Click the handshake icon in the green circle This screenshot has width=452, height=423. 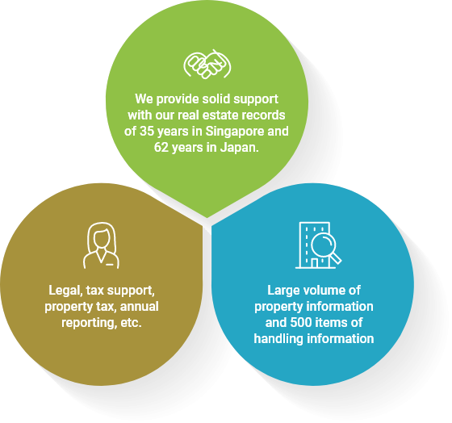coord(207,64)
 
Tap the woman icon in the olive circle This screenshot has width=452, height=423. coord(101,245)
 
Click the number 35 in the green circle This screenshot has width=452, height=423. coord(147,132)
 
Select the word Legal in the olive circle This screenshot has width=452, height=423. coord(65,291)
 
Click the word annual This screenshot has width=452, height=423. coord(139,306)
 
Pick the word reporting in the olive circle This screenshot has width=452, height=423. coord(89,323)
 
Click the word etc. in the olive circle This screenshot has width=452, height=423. coord(131,323)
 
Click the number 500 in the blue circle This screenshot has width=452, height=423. coord(300,322)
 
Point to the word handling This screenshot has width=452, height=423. coord(278,339)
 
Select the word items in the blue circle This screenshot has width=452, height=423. coord(331,322)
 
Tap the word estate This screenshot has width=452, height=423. coord(220,115)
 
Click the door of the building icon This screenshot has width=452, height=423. coord(315,262)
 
